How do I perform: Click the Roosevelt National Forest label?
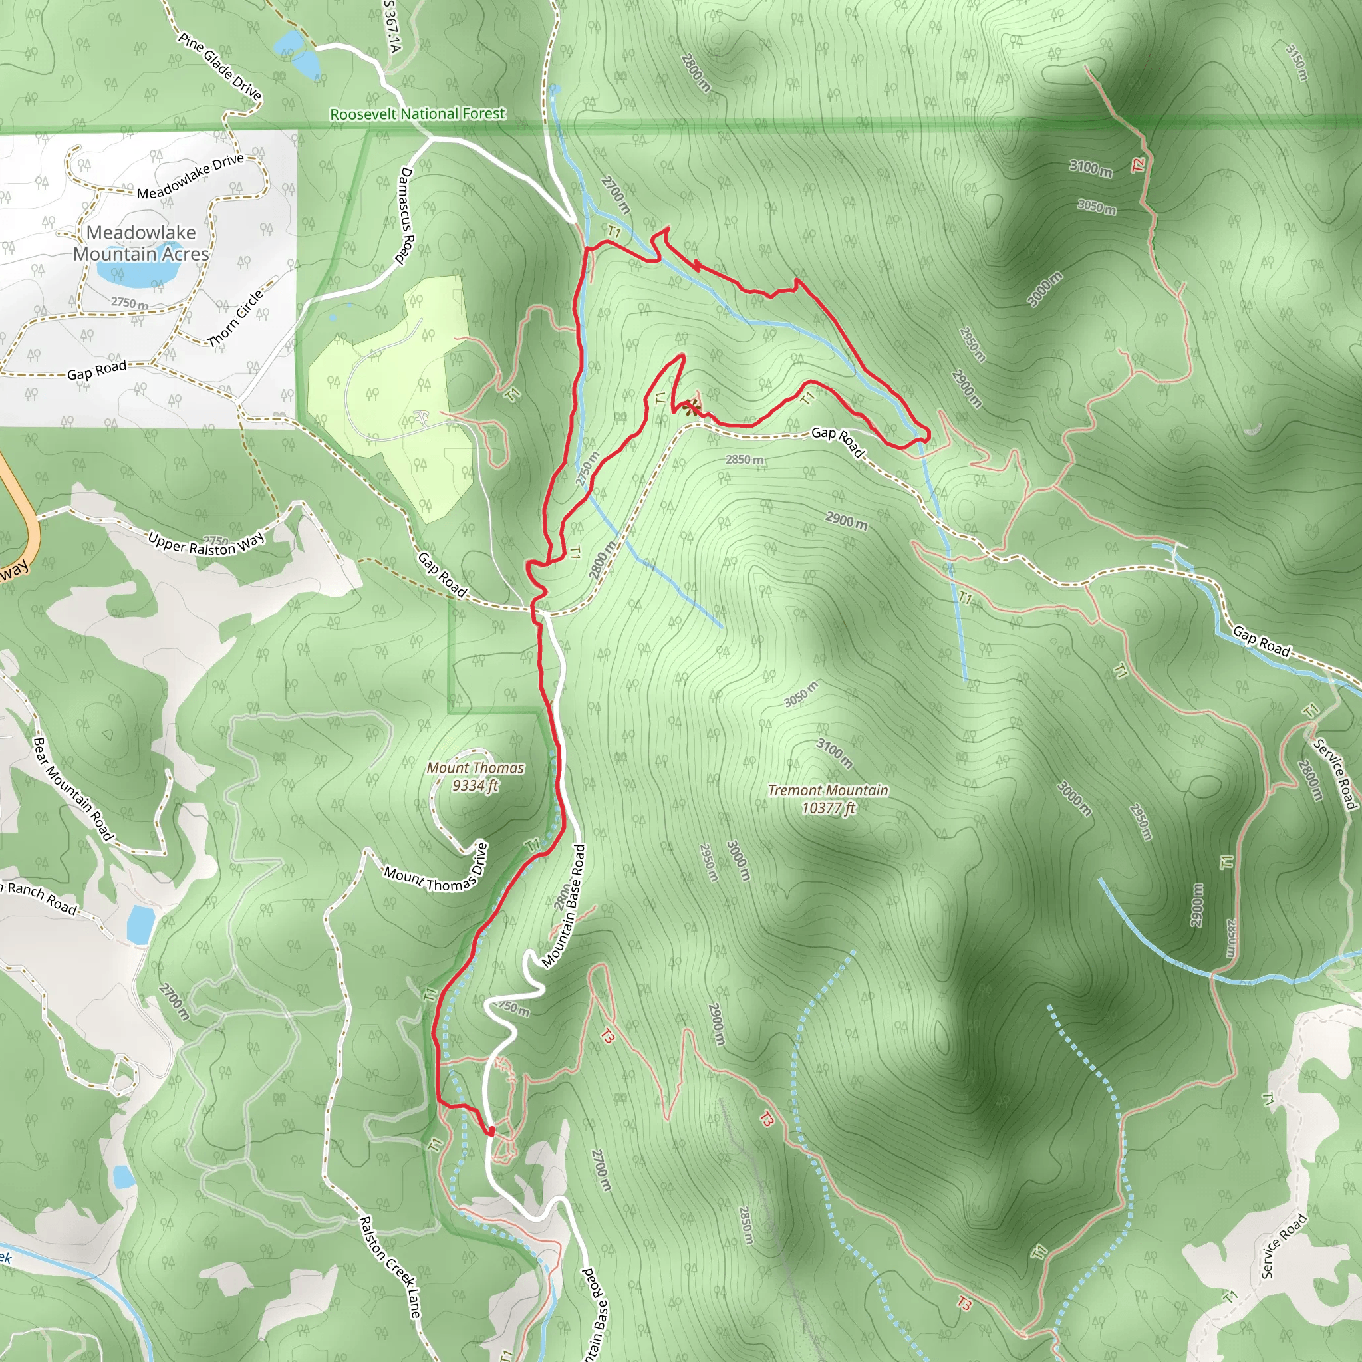coord(418,114)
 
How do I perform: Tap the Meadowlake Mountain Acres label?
coord(141,243)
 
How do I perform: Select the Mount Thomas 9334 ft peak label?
coord(475,776)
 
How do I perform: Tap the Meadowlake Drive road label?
coord(190,176)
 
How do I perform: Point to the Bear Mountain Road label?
coord(73,788)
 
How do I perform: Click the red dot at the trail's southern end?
coord(491,1131)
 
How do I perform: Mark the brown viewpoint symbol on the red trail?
coord(692,407)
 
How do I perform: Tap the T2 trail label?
coord(1138,165)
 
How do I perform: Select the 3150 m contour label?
coord(1297,62)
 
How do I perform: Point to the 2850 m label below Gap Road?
coord(744,460)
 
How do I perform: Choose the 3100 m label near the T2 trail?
coord(1090,168)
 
